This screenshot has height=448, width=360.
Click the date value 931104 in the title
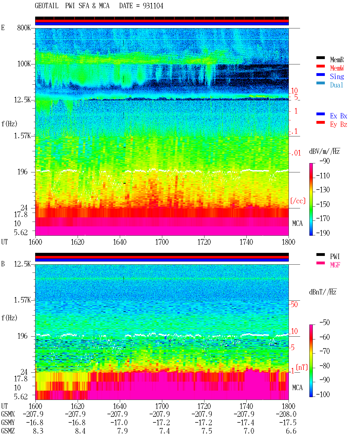(x=153, y=6)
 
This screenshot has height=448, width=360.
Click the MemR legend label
(x=337, y=60)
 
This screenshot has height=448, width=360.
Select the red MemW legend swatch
(x=320, y=66)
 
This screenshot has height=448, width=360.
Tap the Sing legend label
(x=337, y=76)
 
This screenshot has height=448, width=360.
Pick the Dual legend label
(x=336, y=85)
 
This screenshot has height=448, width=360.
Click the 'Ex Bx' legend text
(x=338, y=116)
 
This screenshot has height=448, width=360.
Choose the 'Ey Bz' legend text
(x=338, y=125)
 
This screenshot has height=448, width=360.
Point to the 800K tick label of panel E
(x=24, y=28)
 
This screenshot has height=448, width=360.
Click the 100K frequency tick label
(x=24, y=64)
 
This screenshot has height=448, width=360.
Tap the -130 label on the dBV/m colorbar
(x=323, y=190)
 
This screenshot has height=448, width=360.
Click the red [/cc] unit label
(x=298, y=201)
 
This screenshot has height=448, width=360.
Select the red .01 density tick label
(x=296, y=153)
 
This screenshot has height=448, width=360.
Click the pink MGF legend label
(x=335, y=265)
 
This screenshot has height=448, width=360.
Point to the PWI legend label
(x=335, y=256)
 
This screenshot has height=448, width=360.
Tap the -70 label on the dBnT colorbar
(x=325, y=351)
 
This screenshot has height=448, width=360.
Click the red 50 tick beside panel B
(x=294, y=305)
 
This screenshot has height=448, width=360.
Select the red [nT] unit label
(x=302, y=367)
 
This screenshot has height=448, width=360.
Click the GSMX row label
(x=8, y=414)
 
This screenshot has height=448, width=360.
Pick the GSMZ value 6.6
(x=291, y=431)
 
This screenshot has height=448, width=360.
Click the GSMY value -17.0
(x=119, y=423)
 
